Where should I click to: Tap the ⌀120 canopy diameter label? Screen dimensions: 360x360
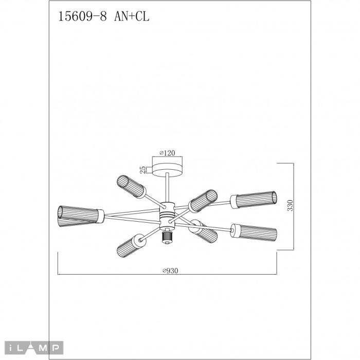[x=168, y=153]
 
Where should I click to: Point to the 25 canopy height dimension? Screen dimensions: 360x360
[x=142, y=169]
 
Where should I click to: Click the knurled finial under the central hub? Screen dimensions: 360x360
[x=166, y=236]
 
